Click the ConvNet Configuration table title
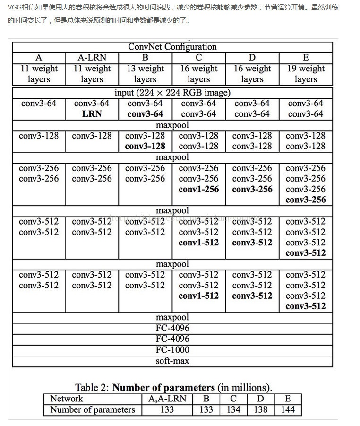(172, 47)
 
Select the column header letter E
(306, 58)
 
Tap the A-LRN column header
(92, 58)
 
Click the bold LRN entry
(92, 114)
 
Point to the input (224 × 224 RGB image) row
(172, 93)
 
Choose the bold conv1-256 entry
(199, 189)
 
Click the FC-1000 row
(172, 350)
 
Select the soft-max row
(172, 361)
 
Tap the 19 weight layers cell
(306, 74)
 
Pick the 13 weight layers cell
(145, 74)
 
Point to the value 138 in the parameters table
(260, 409)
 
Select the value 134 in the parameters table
(233, 409)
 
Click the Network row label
(67, 399)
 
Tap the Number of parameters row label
(93, 409)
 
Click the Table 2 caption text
(173, 387)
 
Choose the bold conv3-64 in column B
(145, 114)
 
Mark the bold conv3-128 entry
(145, 146)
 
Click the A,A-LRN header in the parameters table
(167, 399)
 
